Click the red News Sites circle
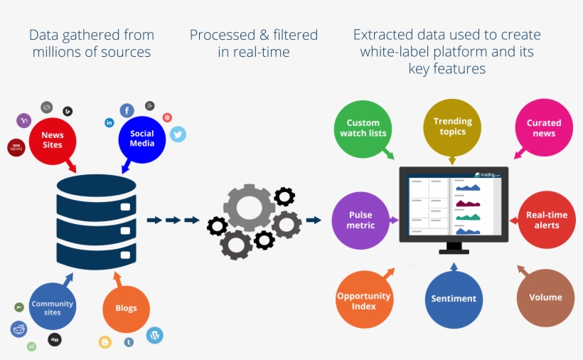pos(52,140)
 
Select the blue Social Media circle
pos(141,139)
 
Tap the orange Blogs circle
pos(126,309)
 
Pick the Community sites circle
pos(52,308)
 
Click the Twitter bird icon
pos(178,134)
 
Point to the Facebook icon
pos(127,110)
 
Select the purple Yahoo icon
pos(24,121)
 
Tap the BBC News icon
pos(16,147)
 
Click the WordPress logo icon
pos(154,334)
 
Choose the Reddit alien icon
pos(18,329)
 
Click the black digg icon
pos(55,339)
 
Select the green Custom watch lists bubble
pos(363,128)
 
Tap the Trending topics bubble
pos(452,127)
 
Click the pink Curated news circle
pos(543,128)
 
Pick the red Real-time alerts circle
pos(547,220)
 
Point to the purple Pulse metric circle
pos(360,220)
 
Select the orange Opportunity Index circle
pos(364,300)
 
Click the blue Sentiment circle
pos(454,300)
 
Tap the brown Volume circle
pos(545,298)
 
